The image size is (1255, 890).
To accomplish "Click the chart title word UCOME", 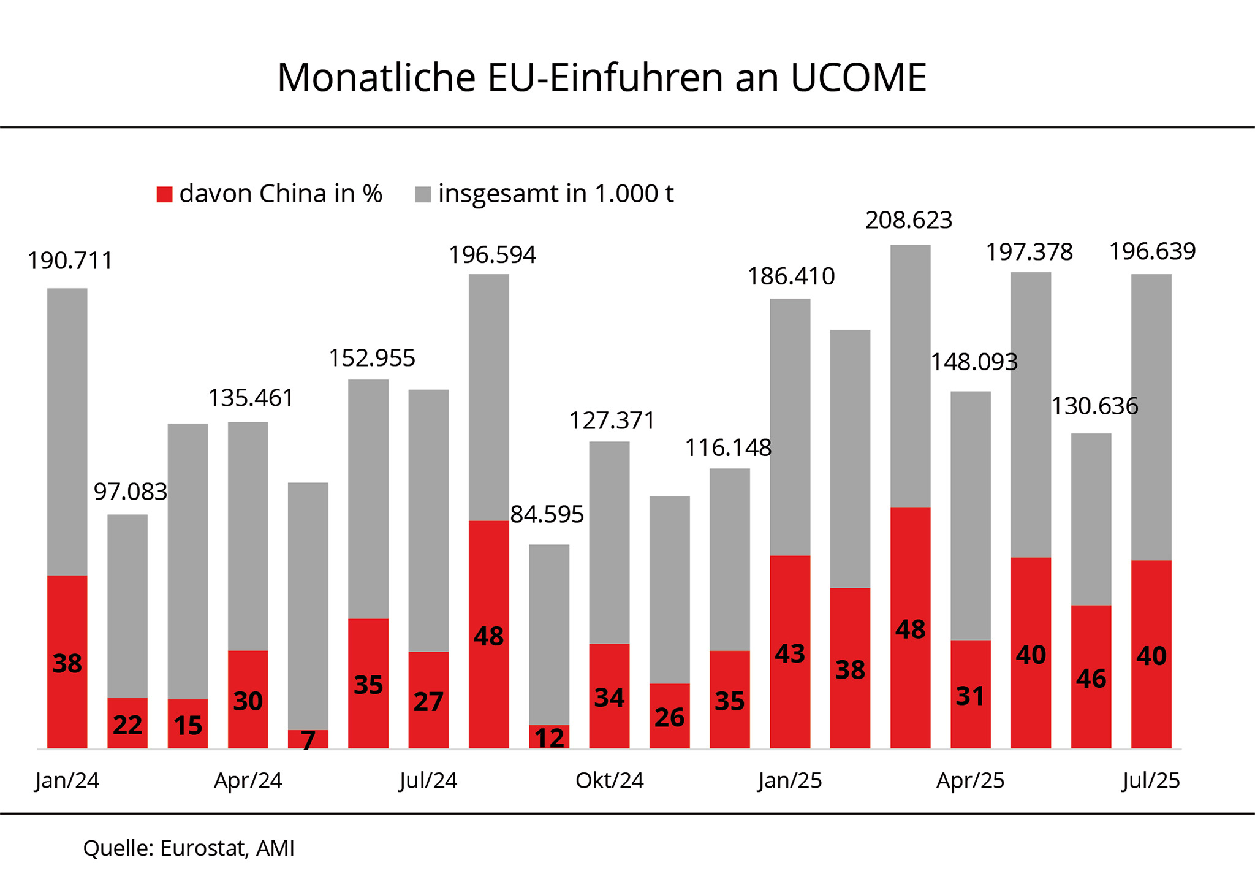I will tap(858, 78).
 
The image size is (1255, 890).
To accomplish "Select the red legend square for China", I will tap(164, 194).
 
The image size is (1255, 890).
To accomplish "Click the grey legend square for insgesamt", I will tap(423, 194).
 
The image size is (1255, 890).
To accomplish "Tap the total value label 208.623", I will tap(909, 220).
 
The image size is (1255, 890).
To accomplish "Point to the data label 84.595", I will tap(547, 515).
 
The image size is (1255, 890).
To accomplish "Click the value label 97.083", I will tap(130, 492).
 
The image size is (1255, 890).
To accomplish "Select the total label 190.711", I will tap(70, 261).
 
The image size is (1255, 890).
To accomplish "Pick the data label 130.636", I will tap(1094, 406).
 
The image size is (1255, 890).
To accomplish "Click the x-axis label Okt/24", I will tap(609, 780).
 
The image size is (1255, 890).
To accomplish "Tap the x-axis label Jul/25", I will tap(1151, 780).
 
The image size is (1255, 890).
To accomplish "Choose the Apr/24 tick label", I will tap(248, 780).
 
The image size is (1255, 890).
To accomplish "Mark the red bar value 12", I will tap(549, 738).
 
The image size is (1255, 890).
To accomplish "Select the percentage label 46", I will tap(1091, 679).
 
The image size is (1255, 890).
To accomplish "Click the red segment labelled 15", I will tap(188, 726).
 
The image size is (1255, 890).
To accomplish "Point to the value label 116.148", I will tap(727, 448).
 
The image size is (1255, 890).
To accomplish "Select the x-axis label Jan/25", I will tap(789, 780).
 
